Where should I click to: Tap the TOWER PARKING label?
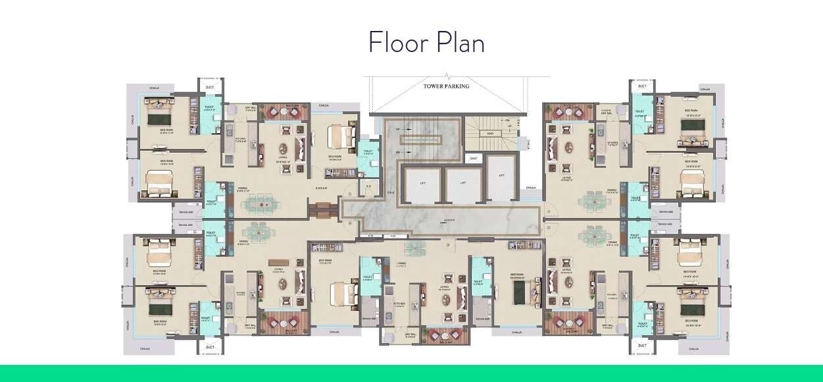(447, 86)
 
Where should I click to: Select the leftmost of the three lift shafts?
(421, 183)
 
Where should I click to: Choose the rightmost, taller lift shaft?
(501, 177)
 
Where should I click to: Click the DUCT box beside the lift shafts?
(473, 159)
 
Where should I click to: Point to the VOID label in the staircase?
(490, 133)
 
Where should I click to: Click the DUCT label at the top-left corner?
(210, 87)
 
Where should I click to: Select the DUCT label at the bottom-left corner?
(210, 346)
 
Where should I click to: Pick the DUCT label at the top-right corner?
(642, 86)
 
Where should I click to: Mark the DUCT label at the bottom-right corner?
(642, 345)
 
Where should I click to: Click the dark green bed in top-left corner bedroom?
(159, 119)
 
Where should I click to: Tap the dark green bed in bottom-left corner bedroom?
(159, 308)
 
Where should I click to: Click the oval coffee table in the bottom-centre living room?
(447, 296)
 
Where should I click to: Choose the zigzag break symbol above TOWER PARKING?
(447, 76)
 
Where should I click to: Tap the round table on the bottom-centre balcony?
(447, 334)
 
